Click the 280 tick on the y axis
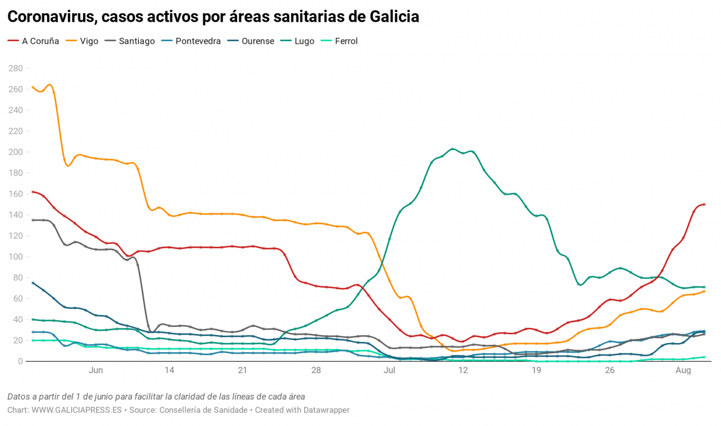14,68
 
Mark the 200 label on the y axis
14,152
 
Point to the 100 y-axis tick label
14,257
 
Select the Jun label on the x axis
96,371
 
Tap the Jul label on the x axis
389,371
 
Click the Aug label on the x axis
683,371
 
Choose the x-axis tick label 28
316,371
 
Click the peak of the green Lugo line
453,148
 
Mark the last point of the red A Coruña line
704,204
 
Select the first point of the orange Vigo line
32,88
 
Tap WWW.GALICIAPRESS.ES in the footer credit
76,410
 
